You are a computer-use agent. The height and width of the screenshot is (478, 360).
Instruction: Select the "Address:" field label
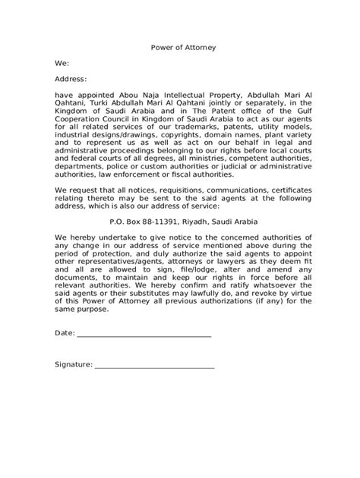point(71,79)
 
